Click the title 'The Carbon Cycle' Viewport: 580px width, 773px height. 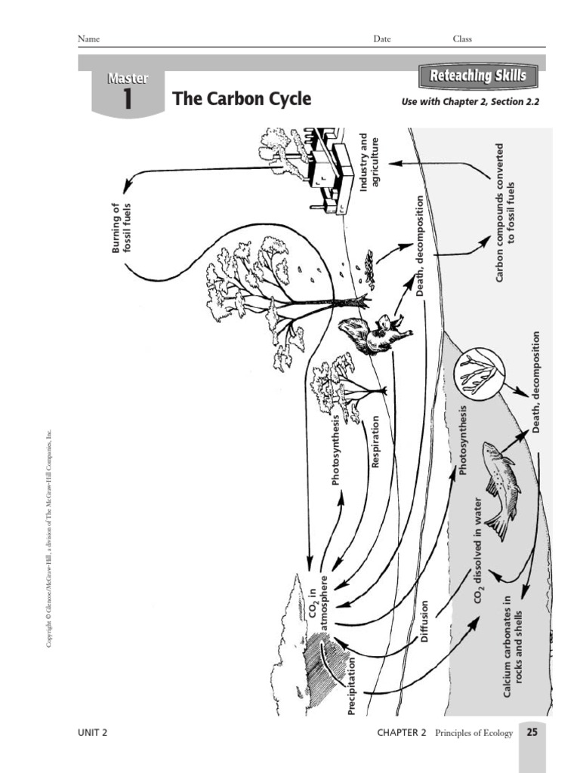click(242, 100)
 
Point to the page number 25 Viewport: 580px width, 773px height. click(532, 732)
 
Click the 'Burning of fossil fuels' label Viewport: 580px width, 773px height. click(122, 226)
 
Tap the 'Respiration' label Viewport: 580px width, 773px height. click(375, 441)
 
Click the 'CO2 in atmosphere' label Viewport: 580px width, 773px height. click(319, 601)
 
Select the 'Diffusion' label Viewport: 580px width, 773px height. click(424, 621)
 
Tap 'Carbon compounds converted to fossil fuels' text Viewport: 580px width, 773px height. click(504, 214)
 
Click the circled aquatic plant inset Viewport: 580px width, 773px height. click(481, 371)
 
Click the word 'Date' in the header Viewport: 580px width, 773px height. click(381, 39)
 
